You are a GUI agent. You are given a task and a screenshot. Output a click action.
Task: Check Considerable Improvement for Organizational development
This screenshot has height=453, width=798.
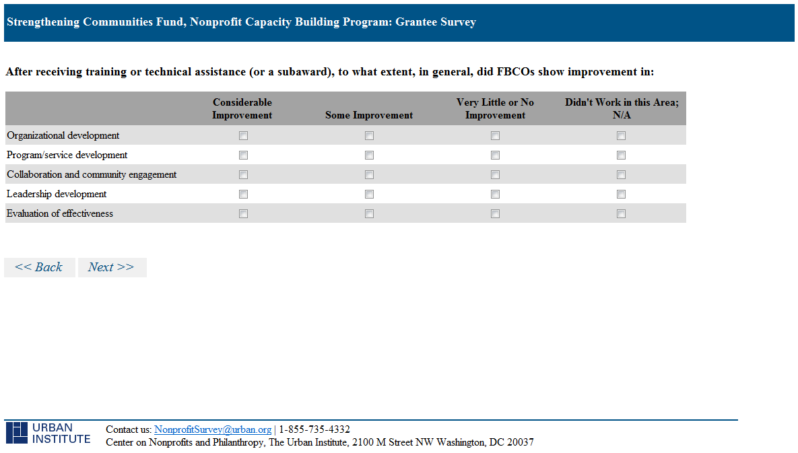(243, 136)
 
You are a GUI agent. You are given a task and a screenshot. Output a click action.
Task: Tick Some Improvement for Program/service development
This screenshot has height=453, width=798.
(370, 155)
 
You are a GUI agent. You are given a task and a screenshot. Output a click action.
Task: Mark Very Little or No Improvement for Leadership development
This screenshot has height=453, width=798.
(495, 195)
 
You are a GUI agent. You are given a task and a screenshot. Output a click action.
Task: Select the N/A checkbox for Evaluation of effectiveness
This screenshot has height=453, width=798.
(621, 213)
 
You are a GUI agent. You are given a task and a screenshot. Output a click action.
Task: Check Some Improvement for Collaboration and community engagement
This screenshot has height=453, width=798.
(370, 175)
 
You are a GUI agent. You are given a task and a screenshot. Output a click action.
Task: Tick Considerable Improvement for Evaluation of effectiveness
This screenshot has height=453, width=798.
(243, 213)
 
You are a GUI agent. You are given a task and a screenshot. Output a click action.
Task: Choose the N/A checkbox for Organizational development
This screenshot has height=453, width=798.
(621, 136)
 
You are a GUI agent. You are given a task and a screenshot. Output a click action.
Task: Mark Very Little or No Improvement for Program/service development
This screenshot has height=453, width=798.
(495, 155)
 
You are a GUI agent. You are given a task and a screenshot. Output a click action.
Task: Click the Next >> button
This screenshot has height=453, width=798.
(112, 267)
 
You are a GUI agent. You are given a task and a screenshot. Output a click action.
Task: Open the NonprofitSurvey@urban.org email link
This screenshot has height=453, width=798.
(213, 429)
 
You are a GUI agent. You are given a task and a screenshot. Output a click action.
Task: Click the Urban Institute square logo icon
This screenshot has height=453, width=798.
(17, 433)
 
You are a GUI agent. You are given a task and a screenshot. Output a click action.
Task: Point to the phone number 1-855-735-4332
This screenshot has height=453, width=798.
(314, 429)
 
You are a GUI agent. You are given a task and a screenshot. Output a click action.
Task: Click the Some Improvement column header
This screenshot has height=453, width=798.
(369, 115)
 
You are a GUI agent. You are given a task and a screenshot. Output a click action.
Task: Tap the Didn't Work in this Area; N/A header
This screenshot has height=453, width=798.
(622, 109)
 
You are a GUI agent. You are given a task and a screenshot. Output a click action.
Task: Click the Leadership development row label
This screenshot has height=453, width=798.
(57, 195)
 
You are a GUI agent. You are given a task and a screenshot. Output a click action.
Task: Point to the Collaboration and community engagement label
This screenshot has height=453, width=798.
(92, 175)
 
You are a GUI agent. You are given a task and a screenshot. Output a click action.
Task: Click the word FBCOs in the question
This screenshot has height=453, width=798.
(516, 72)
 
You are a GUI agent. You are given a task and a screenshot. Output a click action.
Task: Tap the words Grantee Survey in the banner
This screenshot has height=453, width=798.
(436, 22)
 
